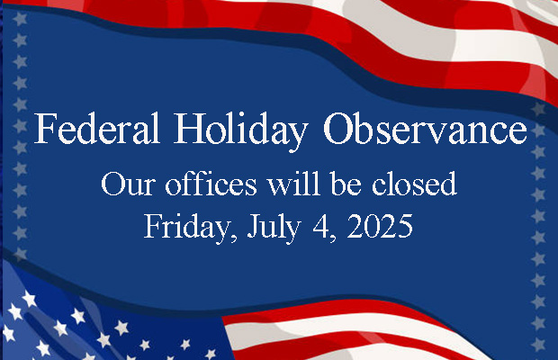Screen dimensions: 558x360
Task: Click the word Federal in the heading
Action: [97, 128]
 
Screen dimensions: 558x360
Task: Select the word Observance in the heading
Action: [425, 128]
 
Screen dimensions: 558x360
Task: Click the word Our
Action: [128, 184]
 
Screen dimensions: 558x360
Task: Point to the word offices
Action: [211, 184]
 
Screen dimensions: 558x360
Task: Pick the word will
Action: [294, 184]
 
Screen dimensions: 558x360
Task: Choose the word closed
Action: [414, 184]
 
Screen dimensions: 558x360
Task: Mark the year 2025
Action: [380, 226]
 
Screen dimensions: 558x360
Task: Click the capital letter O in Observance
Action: [339, 129]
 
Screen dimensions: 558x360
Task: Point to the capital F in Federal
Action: [45, 129]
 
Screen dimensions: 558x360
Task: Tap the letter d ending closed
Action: [448, 184]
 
